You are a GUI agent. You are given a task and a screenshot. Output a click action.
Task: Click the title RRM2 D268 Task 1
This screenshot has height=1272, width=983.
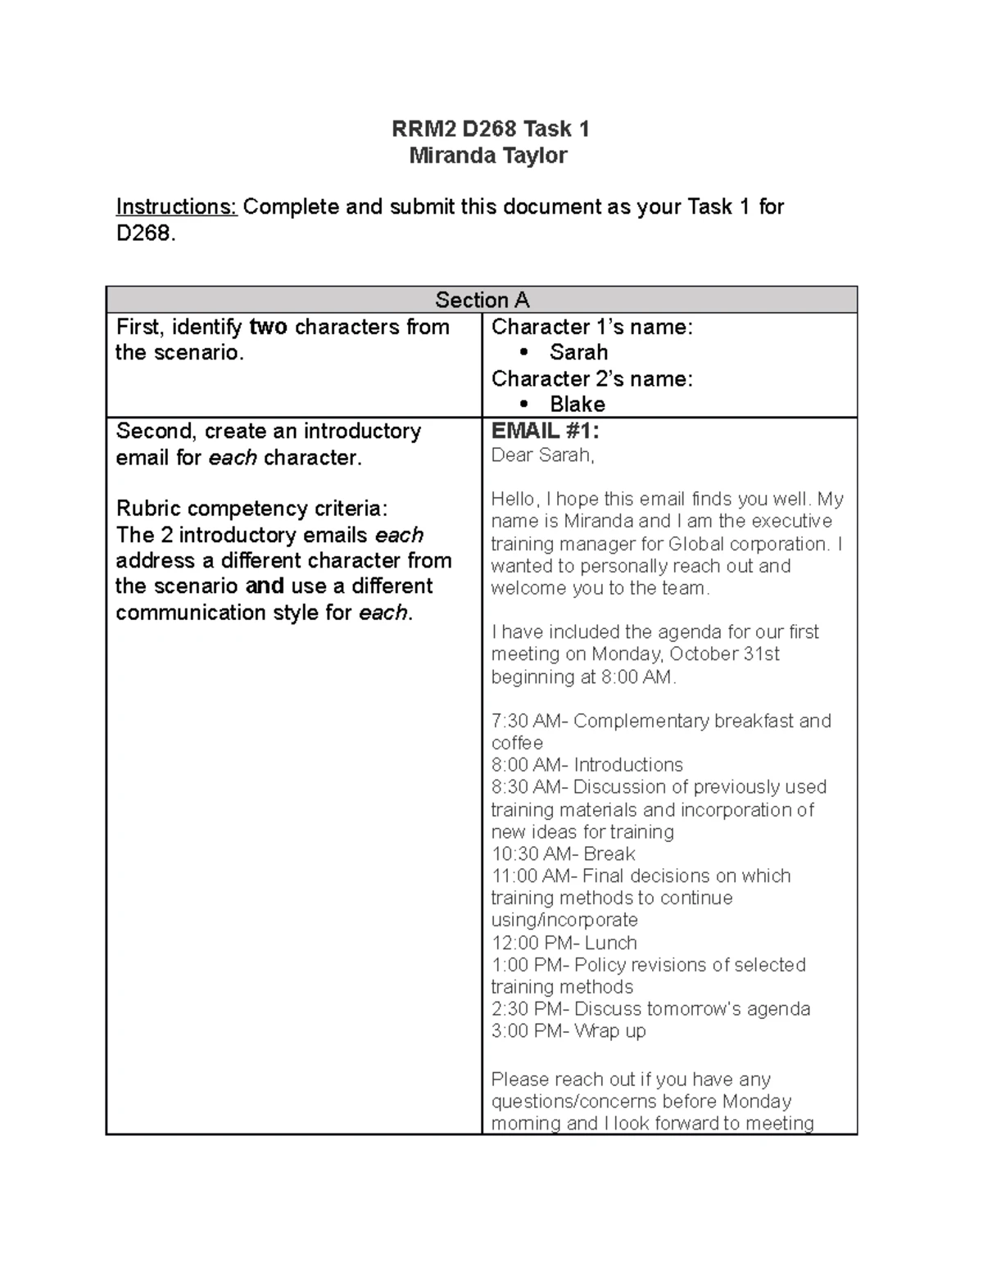[490, 129]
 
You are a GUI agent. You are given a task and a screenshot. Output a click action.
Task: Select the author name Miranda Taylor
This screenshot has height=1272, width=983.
[488, 156]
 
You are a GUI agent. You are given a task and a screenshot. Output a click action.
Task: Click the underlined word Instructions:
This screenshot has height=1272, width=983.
[176, 207]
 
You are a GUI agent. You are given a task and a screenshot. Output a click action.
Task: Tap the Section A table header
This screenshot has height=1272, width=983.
[482, 300]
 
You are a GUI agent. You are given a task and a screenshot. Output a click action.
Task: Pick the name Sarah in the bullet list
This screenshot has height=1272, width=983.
[578, 353]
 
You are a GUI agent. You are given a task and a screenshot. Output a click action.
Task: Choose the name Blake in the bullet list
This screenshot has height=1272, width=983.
[578, 405]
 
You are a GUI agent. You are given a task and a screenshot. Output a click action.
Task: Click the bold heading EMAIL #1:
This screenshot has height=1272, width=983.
[545, 432]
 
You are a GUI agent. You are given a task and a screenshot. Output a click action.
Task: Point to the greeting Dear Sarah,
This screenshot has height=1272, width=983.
[542, 455]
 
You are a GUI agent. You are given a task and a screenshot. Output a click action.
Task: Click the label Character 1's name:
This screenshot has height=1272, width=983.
[591, 328]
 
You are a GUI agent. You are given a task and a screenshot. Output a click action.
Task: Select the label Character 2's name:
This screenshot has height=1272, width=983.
[591, 379]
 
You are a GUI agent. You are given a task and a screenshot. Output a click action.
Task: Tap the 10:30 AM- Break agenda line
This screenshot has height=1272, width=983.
[563, 854]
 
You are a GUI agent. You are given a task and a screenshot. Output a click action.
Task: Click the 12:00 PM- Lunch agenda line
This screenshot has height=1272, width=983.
[564, 943]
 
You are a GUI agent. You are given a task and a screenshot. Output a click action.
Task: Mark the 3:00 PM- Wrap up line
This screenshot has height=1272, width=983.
[568, 1031]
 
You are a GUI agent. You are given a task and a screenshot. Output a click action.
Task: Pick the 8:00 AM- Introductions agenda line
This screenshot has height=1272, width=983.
[587, 765]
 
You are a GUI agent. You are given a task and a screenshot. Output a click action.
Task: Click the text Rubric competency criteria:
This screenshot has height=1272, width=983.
[251, 509]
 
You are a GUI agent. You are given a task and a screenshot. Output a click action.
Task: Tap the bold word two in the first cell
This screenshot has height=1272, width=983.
[268, 328]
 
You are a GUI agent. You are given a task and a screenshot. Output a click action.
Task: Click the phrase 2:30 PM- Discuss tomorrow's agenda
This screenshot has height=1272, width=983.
[650, 1009]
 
